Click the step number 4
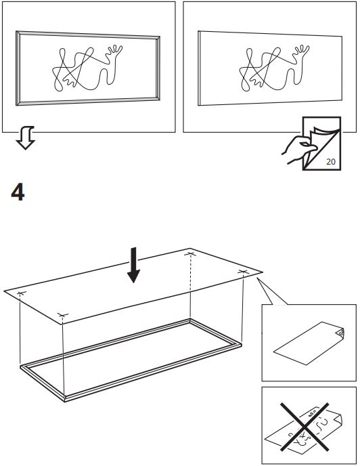[x=18, y=192]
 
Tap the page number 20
[x=331, y=161]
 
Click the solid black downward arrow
[x=134, y=265]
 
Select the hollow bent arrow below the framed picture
[x=26, y=137]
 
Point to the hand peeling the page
[x=298, y=149]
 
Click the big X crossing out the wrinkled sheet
[x=305, y=427]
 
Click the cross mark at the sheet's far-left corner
[x=20, y=293]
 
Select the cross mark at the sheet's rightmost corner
[x=243, y=272]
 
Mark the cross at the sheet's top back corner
[x=190, y=254]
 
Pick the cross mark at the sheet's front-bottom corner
[x=63, y=315]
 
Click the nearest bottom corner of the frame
[x=65, y=399]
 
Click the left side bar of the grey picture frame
[x=18, y=68]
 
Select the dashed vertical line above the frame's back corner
[x=190, y=287]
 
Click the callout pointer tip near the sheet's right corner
[x=257, y=278]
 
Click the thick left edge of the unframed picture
[x=199, y=68]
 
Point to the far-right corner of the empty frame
[x=240, y=345]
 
